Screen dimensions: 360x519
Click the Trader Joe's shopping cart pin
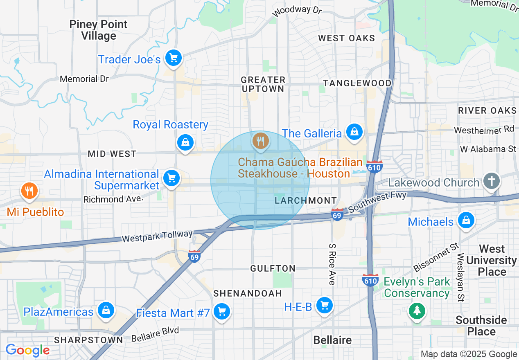tap(174, 58)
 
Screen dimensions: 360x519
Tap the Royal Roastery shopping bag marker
tap(185, 142)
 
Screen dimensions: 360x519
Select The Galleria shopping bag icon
tap(354, 132)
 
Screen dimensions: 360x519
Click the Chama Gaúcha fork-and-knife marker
tap(260, 141)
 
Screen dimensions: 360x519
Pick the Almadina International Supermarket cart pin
tap(171, 178)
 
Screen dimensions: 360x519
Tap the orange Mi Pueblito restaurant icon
tap(29, 191)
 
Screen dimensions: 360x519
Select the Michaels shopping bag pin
tap(466, 220)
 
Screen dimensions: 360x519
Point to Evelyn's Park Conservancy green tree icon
tap(417, 311)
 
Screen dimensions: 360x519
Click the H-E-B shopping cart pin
tap(325, 305)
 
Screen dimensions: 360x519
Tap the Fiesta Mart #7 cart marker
tap(222, 312)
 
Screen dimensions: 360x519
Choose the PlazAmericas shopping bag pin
tap(106, 310)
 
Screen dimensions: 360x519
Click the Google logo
tap(27, 350)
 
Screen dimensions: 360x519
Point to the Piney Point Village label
tap(99, 30)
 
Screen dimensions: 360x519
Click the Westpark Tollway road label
tap(157, 236)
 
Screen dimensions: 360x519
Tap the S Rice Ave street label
tap(332, 264)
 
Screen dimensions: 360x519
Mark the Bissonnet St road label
tap(437, 257)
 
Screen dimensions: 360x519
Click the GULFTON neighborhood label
tap(273, 268)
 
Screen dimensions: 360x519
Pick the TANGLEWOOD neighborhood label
tap(357, 83)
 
